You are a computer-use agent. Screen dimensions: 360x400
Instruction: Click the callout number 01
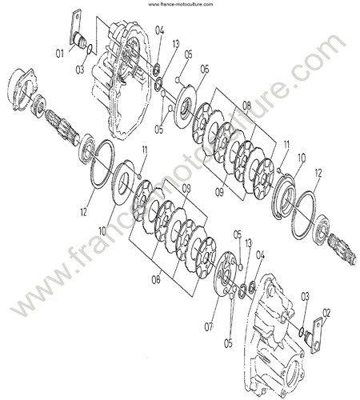60,54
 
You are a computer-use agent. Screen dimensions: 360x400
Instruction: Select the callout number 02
326,312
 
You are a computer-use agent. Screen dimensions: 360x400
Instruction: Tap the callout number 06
205,70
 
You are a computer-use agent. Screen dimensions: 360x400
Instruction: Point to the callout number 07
209,326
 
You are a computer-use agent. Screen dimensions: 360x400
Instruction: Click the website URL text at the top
181,4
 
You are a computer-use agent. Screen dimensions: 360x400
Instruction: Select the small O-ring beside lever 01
90,49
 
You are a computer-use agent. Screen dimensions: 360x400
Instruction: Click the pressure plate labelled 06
186,105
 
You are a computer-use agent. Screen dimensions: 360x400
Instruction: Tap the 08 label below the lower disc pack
156,280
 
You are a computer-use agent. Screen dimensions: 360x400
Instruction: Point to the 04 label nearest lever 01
159,30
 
